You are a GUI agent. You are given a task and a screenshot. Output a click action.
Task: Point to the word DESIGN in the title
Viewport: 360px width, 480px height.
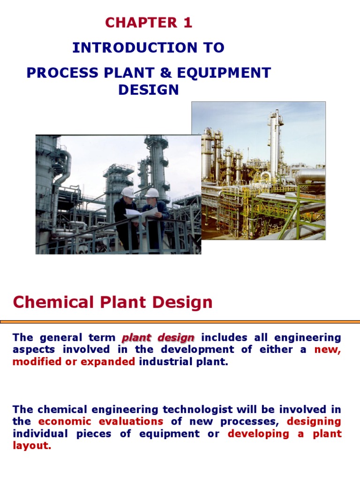[149, 90]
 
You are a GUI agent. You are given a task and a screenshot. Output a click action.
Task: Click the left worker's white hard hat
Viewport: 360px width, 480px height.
[127, 192]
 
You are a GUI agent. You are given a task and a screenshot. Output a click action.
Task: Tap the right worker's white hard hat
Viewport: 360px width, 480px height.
[152, 193]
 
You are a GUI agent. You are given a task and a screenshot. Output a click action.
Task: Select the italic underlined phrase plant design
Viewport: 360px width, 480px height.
[158, 337]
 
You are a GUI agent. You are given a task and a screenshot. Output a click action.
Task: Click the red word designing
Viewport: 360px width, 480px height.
[314, 421]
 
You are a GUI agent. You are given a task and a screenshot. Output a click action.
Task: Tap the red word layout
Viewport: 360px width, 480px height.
[31, 446]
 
